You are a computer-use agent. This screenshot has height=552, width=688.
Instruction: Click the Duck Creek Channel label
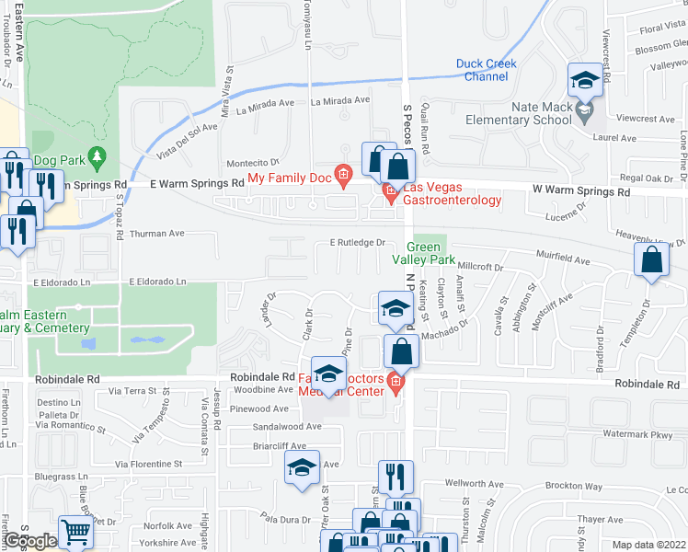486,70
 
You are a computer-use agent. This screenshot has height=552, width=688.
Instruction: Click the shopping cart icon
75,532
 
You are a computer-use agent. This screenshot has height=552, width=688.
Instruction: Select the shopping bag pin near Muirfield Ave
651,261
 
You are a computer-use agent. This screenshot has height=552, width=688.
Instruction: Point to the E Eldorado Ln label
157,281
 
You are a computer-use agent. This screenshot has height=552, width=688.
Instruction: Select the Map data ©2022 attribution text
649,545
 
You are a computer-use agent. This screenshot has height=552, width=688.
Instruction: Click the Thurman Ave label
157,234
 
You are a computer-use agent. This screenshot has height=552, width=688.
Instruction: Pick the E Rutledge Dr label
357,243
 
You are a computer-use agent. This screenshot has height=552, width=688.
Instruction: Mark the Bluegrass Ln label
61,477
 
